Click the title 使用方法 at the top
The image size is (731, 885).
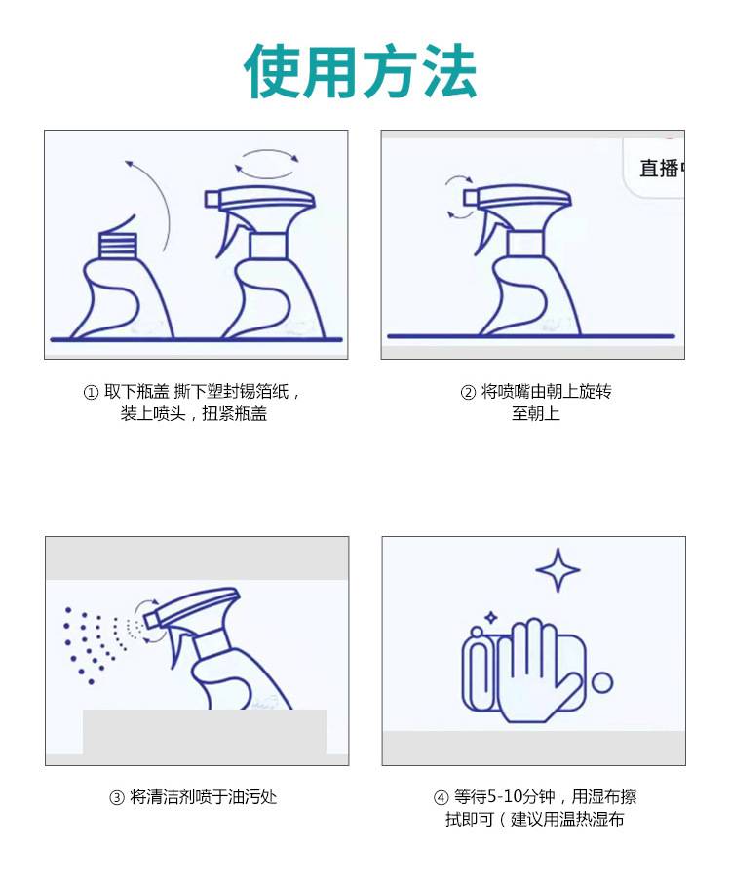[x=361, y=71]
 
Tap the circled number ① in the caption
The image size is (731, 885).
[x=91, y=392]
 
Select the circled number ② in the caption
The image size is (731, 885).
[x=468, y=392]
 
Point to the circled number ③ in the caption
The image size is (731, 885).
[x=116, y=797]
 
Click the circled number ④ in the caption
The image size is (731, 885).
[x=441, y=797]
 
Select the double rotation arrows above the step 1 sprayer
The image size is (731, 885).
[x=267, y=164]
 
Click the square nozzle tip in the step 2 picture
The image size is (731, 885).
[x=470, y=197]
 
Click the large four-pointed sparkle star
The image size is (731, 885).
[x=558, y=570]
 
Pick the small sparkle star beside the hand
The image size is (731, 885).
[x=491, y=618]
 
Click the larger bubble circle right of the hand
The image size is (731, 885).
[x=602, y=682]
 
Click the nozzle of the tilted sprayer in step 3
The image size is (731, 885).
[x=151, y=620]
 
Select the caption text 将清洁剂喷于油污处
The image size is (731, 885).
[x=204, y=797]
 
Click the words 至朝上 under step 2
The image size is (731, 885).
[x=536, y=413]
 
